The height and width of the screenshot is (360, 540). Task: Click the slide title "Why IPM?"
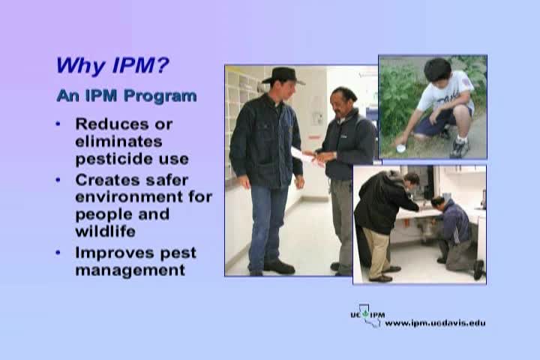pos(112,65)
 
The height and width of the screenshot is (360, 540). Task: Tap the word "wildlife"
pos(106,231)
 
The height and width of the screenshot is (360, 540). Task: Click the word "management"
pos(130,270)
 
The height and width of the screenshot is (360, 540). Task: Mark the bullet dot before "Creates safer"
pos(58,180)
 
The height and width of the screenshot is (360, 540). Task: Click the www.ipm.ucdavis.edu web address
pos(435,323)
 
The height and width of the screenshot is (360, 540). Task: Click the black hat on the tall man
pos(283,76)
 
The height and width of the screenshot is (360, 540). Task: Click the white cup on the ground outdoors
pos(401,148)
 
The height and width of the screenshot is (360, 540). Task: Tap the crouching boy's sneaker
pos(460,147)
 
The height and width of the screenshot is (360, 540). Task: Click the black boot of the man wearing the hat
pos(279,267)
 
